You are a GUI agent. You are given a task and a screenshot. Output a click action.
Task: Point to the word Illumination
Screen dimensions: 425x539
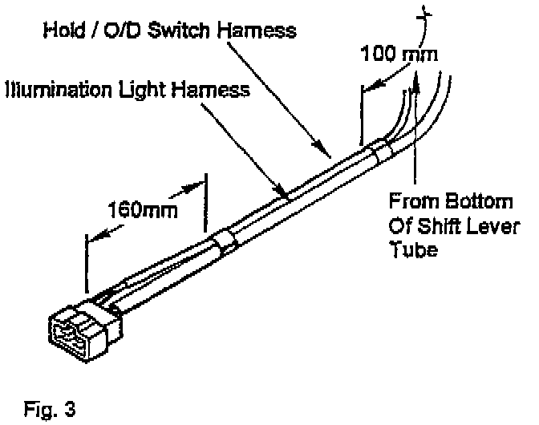pos(56,90)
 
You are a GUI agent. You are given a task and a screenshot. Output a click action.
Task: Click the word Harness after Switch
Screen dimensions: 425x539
pos(264,32)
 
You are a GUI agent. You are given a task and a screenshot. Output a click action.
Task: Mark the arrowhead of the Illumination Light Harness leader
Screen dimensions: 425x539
pos(284,193)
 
